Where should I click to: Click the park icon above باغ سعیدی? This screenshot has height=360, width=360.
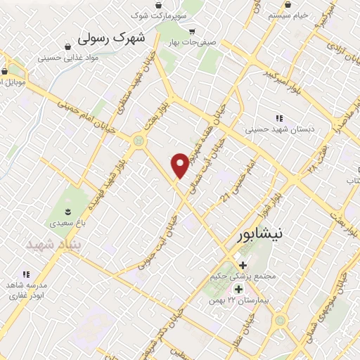point(67,211)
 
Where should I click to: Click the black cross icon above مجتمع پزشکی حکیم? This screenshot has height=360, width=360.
point(243,265)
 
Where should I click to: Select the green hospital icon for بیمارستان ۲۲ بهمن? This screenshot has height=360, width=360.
point(238,289)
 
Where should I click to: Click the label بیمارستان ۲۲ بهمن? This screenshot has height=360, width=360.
point(238,301)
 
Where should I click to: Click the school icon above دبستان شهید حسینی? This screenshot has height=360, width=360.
point(280,118)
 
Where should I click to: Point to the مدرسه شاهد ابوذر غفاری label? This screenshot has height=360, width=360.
point(27,292)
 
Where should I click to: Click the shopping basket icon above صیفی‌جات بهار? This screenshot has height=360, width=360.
point(193,31)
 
